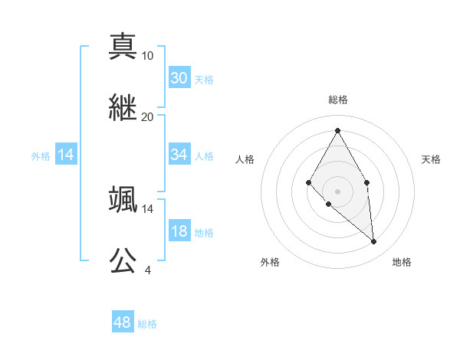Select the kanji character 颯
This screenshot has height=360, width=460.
pos(123,198)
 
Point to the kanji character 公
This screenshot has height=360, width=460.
pos(123,260)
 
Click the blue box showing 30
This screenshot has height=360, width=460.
pos(179,78)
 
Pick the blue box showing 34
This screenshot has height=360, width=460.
pos(179,155)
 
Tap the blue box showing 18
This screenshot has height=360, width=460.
pos(179,231)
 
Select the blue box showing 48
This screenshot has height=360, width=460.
pos(123,322)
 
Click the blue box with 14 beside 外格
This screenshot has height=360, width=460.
pos(66,155)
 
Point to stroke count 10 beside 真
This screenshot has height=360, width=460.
pos(148,56)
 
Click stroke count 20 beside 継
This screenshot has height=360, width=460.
pos(148,117)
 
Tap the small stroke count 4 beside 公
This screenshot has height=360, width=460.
pos(147,270)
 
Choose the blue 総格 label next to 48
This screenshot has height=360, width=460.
pos(147,324)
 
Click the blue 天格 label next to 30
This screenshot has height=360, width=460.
pos(204,80)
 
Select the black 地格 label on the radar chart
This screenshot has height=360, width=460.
pos(402,262)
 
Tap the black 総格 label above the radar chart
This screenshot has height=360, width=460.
pos(337,100)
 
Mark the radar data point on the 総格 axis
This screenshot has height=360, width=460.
pos(337,129)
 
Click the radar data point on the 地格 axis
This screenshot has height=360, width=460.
pos(373,242)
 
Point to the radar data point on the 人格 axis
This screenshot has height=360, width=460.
pos(308,182)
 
